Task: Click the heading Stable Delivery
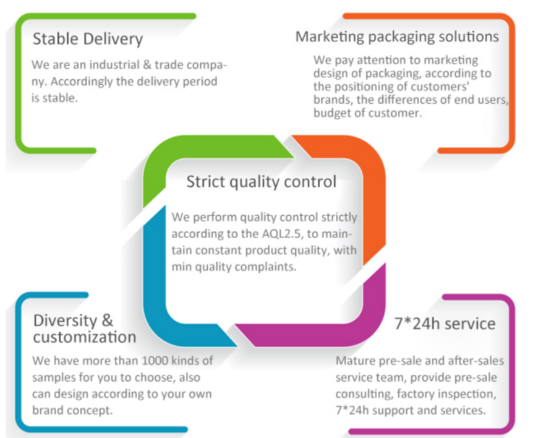pos(88,39)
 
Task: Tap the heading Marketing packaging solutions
pos(397,37)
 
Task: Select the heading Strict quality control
pos(261,182)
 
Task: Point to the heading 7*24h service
pos(445,324)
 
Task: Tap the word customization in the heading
pos(85,337)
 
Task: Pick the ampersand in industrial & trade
pos(147,65)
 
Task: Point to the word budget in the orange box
pos(331,113)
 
